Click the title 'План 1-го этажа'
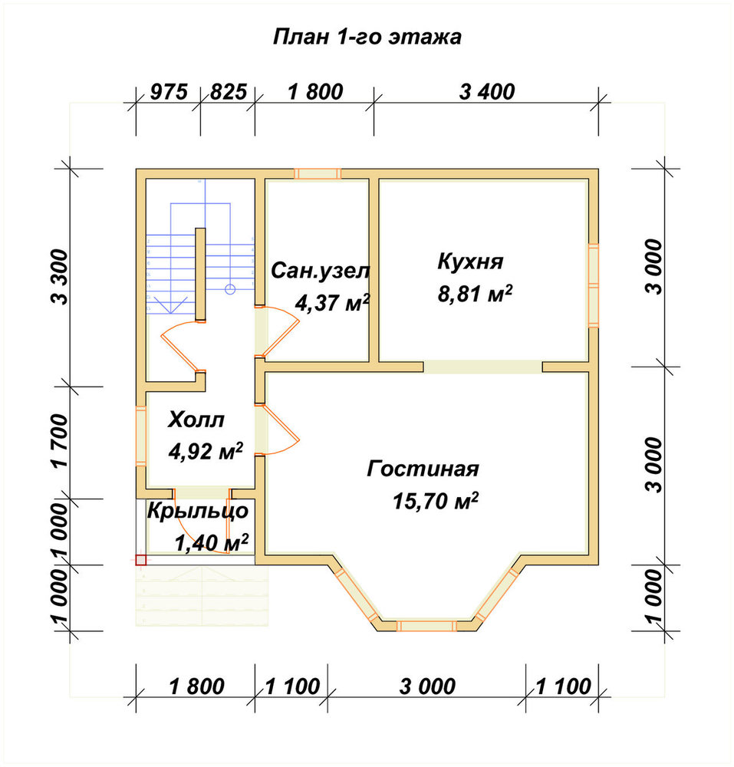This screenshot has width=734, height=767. tap(367, 37)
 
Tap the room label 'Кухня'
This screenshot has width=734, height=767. tap(470, 262)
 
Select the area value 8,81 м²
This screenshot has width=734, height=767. tap(475, 294)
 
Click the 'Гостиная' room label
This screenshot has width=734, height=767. tap(423, 469)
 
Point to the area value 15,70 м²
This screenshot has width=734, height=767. tap(435, 501)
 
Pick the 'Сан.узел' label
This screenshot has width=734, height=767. tap(321, 271)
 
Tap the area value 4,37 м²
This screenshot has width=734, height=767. tap(332, 303)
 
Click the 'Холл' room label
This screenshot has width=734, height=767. tap(196, 420)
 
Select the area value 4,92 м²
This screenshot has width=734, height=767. tap(206, 452)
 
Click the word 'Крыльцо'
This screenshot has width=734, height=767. tap(198, 511)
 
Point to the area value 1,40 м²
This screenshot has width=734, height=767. tap(211, 542)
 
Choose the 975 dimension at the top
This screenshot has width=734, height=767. tap(168, 92)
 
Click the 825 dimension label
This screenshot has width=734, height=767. tap(229, 92)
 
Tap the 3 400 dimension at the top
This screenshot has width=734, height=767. tap(486, 92)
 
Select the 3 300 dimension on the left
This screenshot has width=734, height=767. tap(61, 277)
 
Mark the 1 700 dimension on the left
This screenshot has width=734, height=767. tap(61, 441)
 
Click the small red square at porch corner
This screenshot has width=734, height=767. tap(141, 560)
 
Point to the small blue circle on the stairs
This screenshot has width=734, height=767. tap(230, 290)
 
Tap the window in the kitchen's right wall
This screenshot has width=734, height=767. tap(593, 285)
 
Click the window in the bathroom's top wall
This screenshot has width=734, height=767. tap(318, 173)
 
